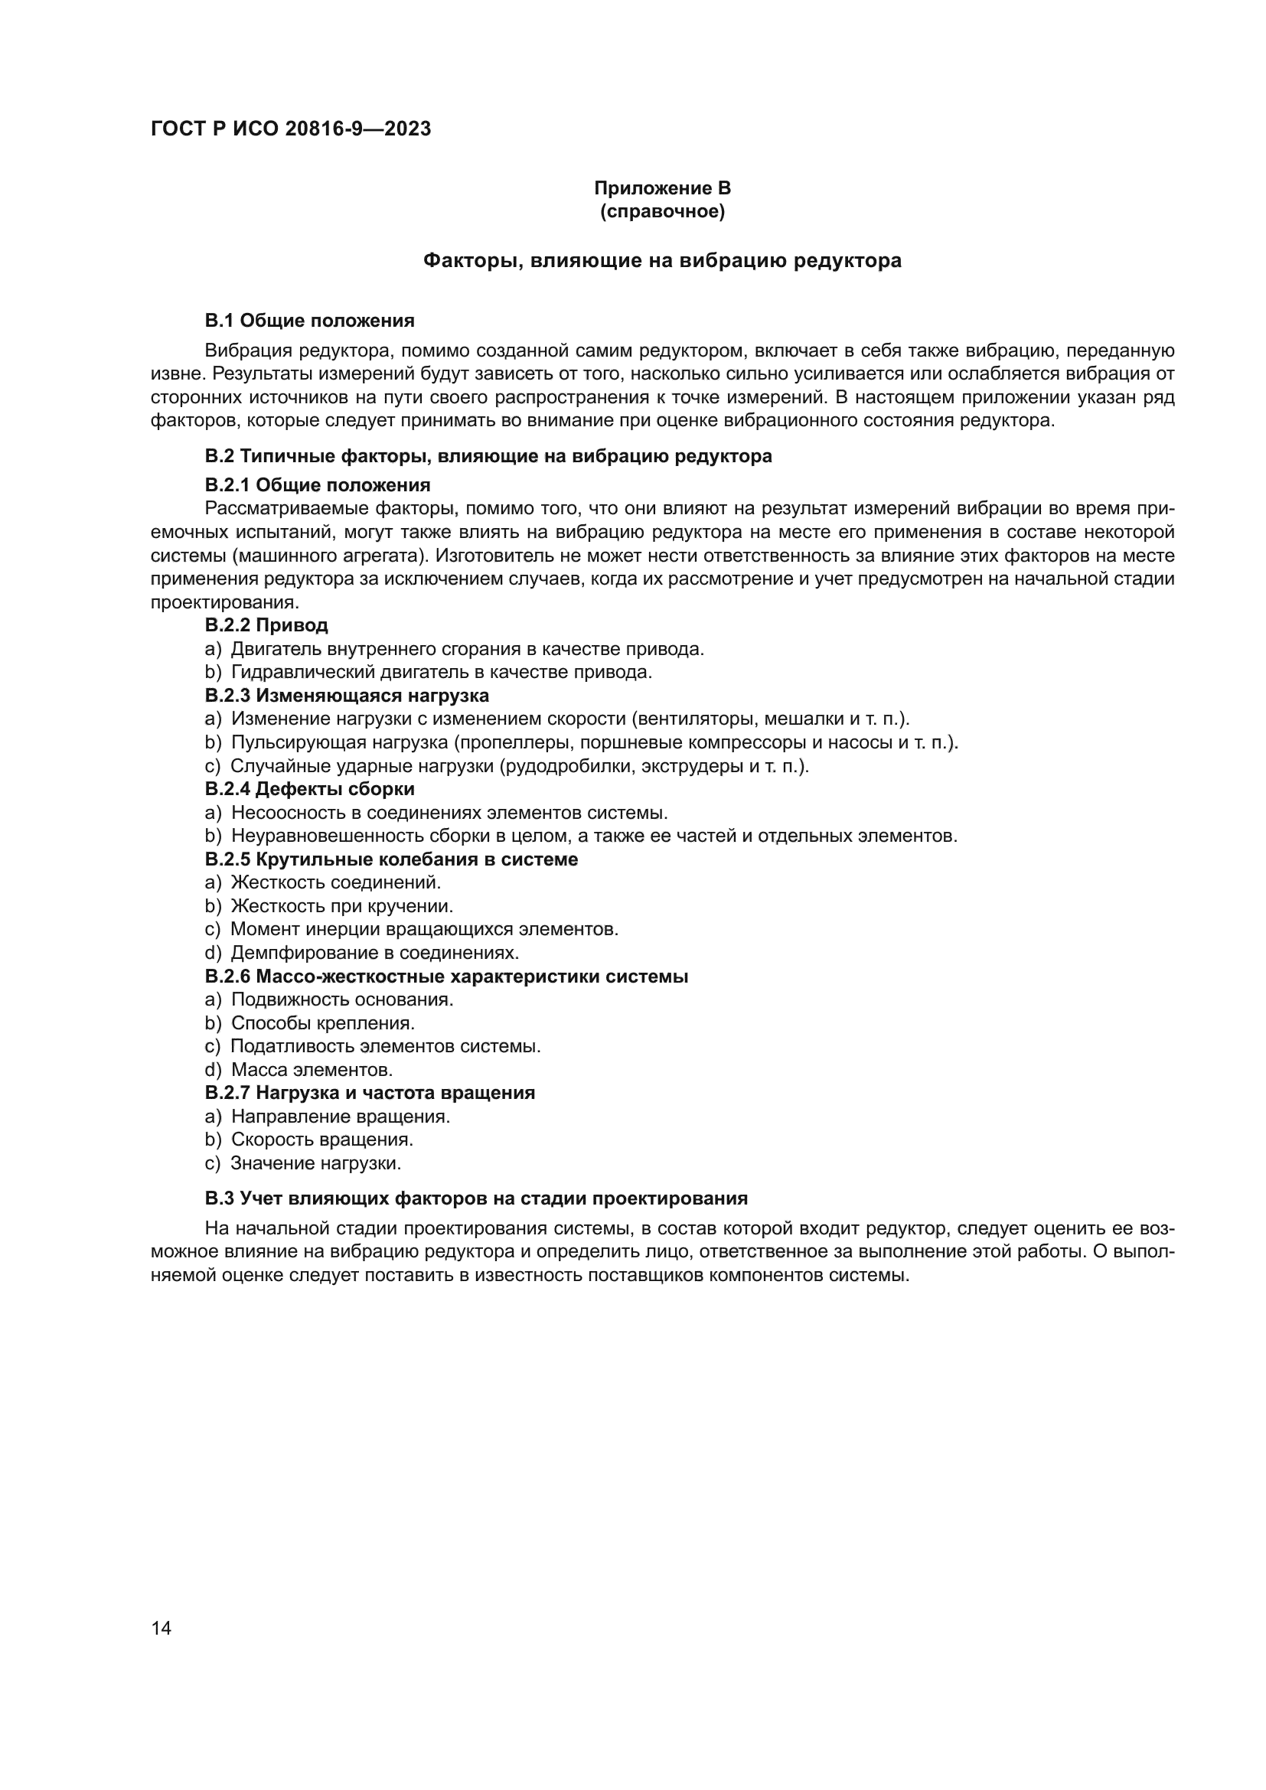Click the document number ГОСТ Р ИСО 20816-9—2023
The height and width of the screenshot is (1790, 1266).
290,129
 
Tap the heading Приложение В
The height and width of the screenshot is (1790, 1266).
662,188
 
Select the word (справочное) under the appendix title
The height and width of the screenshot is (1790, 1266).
662,211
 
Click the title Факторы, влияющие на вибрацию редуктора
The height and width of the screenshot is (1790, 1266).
662,260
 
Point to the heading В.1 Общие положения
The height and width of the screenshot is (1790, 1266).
309,321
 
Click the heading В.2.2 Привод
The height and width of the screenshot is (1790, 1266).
266,625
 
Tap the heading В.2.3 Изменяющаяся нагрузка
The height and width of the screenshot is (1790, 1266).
347,696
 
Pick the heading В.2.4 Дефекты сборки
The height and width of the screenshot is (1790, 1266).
309,789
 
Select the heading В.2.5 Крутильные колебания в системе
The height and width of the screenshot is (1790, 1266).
391,859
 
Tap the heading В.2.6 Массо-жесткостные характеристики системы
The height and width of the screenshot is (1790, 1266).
446,977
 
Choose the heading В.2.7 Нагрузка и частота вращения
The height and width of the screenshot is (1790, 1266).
370,1092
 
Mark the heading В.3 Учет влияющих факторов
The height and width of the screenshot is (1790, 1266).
475,1198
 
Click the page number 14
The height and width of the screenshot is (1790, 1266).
162,1628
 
